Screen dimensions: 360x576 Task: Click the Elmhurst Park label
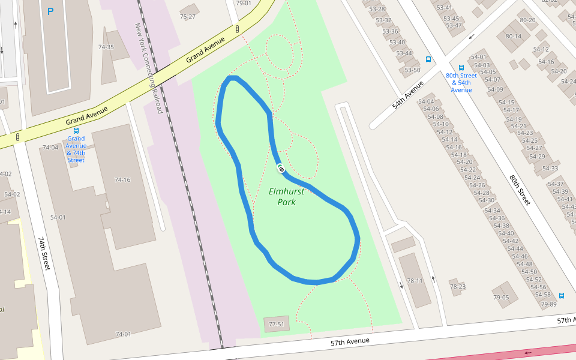pos(286,197)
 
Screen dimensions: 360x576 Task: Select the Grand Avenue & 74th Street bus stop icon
pos(76,130)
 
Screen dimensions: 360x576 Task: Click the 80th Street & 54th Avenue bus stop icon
pos(461,68)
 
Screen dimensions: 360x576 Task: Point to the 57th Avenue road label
pos(349,342)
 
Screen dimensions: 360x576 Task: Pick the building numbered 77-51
pos(276,325)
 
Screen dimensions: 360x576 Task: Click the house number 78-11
pos(415,280)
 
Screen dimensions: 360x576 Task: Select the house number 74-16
pos(122,180)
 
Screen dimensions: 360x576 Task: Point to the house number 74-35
pos(106,47)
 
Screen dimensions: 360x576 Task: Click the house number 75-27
pos(188,16)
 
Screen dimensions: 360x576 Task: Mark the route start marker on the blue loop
pos(280,169)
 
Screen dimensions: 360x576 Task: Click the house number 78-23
pos(458,286)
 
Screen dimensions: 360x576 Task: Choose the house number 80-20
pos(527,20)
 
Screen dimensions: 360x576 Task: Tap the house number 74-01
pos(123,334)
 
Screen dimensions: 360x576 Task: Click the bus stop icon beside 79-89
pos(562,295)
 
